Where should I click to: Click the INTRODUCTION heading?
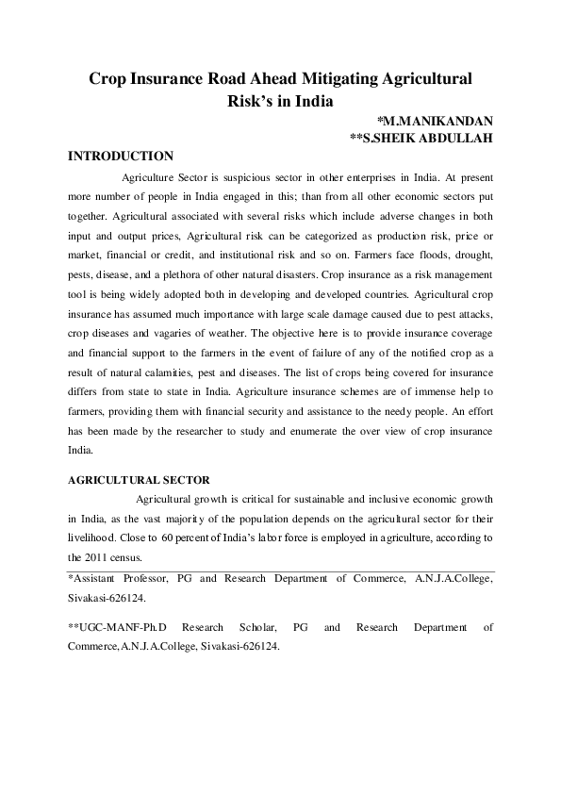tap(121, 156)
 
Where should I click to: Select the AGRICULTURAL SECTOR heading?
tap(139, 480)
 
